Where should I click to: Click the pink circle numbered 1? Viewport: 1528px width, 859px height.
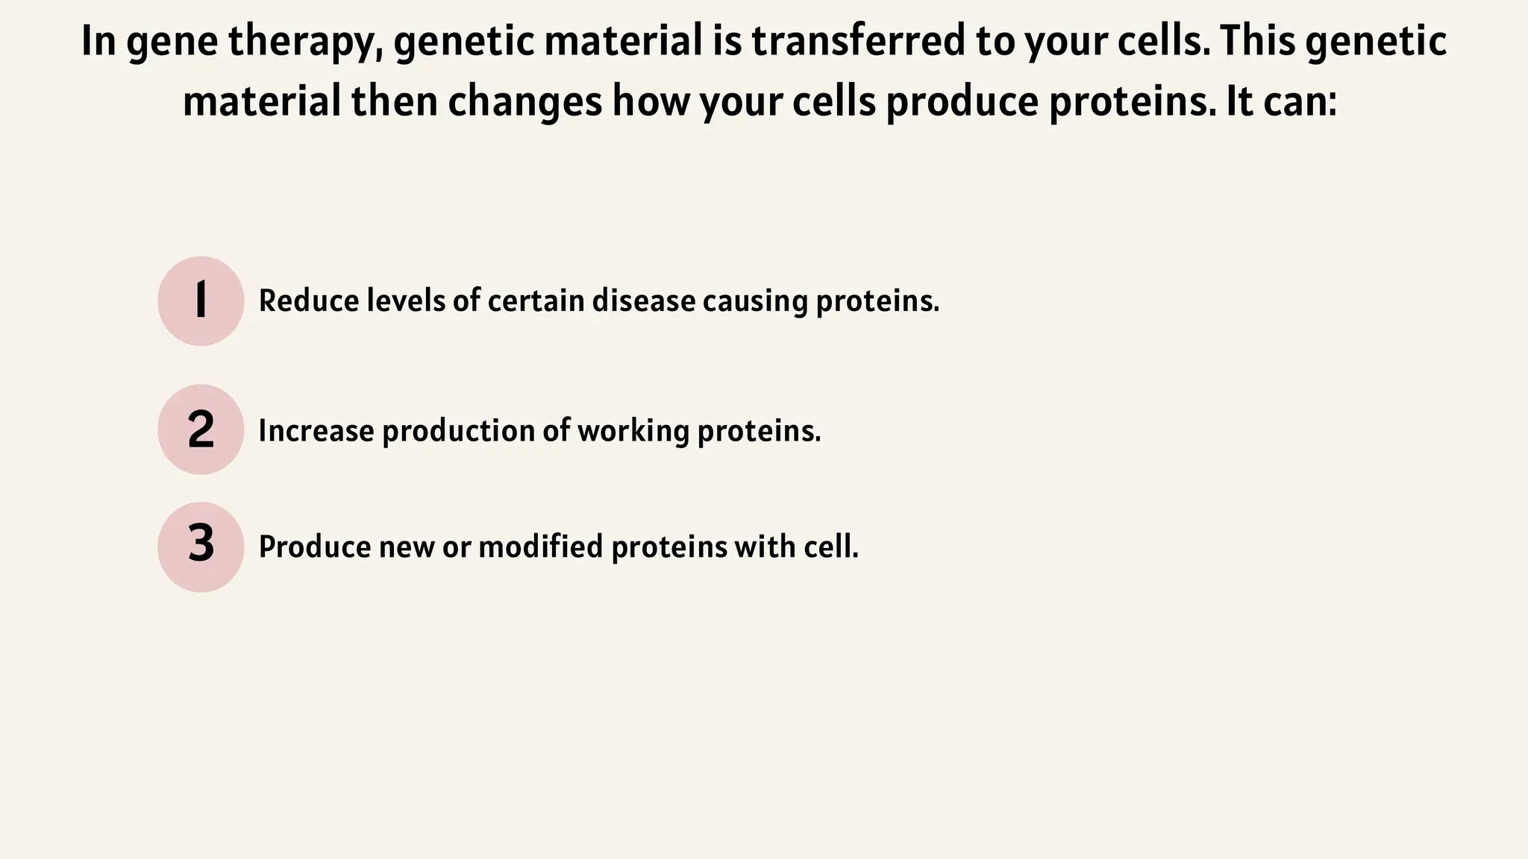(201, 301)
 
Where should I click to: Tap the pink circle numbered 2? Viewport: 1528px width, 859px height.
(201, 429)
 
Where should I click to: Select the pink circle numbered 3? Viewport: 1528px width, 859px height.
(201, 547)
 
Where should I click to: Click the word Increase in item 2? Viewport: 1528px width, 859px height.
(316, 431)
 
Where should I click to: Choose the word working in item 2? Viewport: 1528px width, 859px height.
(633, 431)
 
